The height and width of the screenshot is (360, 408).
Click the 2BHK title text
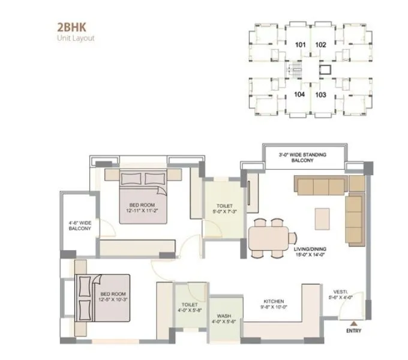click(70, 28)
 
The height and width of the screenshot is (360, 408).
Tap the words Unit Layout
click(76, 38)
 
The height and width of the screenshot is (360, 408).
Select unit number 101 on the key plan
click(301, 44)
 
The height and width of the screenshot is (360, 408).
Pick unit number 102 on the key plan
click(320, 44)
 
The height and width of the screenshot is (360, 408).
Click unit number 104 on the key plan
click(301, 94)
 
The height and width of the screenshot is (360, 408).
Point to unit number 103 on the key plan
click(320, 94)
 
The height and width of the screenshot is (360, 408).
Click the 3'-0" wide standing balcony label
click(302, 158)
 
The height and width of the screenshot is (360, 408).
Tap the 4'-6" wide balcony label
click(79, 225)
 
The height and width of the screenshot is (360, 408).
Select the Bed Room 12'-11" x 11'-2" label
click(141, 208)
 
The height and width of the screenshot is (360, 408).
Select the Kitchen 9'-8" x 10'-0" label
click(274, 304)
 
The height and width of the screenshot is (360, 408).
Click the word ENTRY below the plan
click(355, 331)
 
